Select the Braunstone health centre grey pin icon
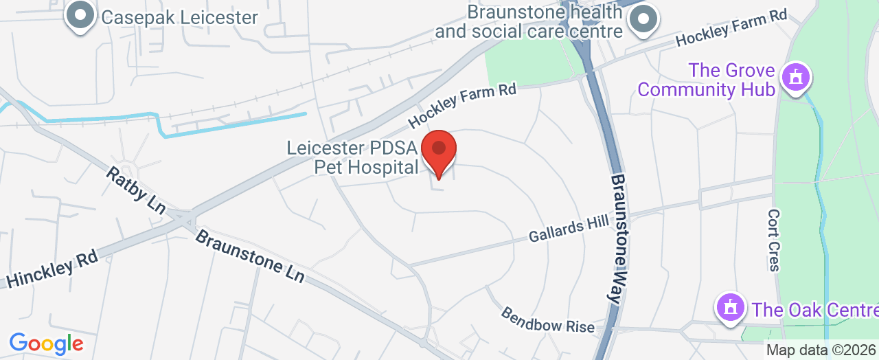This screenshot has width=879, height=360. coord(643,19)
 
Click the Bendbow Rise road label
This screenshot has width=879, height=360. coord(547,319)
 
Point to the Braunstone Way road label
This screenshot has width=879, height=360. coord(620,238)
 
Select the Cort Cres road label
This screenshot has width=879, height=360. coord(774,240)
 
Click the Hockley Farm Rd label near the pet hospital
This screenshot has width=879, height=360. coord(461,105)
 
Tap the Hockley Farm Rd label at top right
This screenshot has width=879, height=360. coord(731,29)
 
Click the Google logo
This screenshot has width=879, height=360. coord(46,343)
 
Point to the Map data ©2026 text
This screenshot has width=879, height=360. coord(821,350)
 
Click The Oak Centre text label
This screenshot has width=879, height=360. coord(814,309)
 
